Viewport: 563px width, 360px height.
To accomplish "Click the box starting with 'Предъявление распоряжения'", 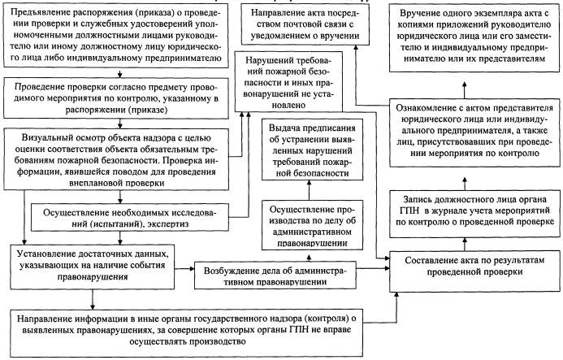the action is pos(116,36).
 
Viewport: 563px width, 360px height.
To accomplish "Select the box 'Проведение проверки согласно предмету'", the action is pos(116,98).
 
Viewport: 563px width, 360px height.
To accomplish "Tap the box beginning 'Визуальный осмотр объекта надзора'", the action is pos(116,159).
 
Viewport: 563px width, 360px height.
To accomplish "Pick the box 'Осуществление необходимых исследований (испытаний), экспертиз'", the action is pos(130,217).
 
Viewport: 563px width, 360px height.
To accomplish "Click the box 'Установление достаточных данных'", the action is pos(93,267).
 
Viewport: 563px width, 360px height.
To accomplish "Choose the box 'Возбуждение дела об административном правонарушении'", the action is pos(275,275).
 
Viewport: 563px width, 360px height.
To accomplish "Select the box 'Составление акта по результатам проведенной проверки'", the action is pos(474,271).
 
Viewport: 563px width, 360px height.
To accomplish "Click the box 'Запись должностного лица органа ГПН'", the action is pos(474,214).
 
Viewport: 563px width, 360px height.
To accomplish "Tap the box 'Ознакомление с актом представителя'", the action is pos(474,132).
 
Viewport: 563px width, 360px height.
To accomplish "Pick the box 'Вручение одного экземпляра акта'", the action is pos(474,37).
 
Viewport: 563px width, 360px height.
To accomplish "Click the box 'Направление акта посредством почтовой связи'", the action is pos(305,24).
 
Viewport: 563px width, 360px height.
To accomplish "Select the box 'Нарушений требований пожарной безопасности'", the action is pos(288,81).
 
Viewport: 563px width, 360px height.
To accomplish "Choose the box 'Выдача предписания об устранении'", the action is pos(312,150).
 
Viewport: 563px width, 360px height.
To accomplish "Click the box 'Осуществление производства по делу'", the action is pos(312,225).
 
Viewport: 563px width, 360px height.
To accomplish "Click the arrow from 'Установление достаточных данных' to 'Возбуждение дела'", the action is pos(184,268).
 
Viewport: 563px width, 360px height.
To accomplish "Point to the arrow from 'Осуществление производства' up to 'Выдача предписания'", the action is pos(310,190).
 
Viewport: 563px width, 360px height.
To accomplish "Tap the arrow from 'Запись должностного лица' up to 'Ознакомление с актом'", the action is pos(465,183).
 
